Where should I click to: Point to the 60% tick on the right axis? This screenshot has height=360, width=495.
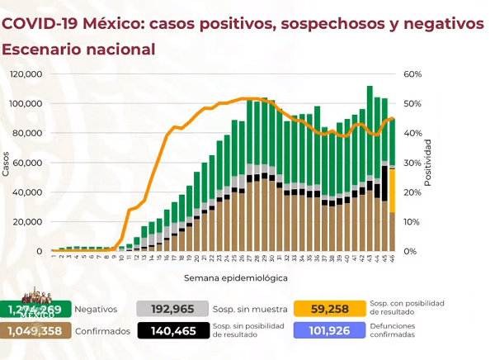(412, 74)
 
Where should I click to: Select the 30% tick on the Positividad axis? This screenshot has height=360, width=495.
(412, 163)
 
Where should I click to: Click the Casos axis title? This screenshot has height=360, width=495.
(7, 163)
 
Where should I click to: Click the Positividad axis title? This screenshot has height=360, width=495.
(428, 163)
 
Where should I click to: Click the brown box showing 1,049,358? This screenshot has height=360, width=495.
(34, 332)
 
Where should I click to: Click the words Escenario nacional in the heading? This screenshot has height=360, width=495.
(78, 50)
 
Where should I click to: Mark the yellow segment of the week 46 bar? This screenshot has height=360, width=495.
(392, 190)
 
